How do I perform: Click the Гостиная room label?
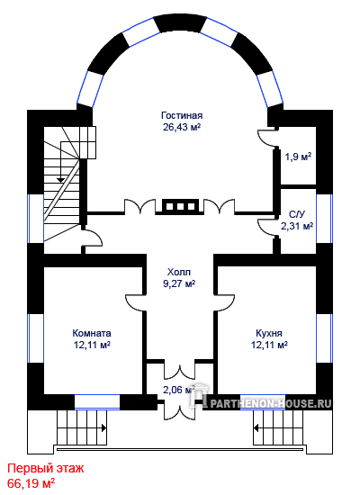point(182,115)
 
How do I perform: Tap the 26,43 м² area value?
point(182,127)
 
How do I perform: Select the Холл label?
point(179,272)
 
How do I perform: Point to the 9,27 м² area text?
point(179,283)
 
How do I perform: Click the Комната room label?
point(92,333)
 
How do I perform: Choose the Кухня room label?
point(269,333)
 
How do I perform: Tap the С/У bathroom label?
point(297,214)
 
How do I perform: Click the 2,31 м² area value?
point(297,226)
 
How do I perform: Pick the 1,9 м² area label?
point(299,157)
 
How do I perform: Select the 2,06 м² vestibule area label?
point(179,390)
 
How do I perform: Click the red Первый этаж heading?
point(46,468)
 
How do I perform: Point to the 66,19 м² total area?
point(31,483)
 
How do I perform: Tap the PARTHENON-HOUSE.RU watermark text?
point(271,404)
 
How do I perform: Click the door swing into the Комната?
point(135,302)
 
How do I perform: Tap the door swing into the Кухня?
point(224,302)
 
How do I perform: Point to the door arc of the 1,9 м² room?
point(265,139)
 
